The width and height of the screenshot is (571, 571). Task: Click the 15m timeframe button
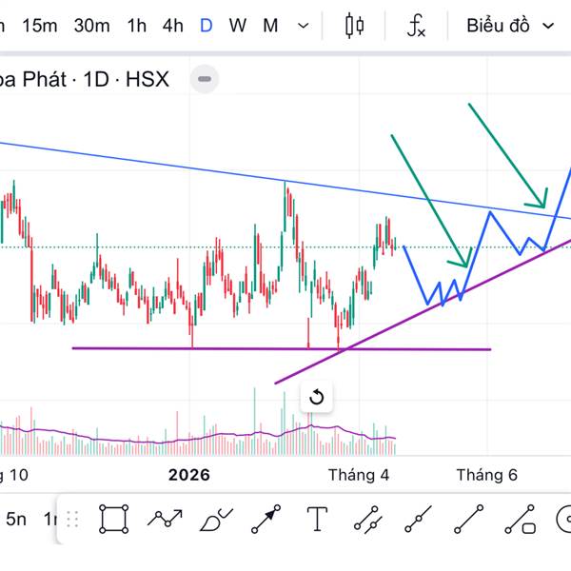pos(39,26)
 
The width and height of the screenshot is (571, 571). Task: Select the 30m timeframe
pos(91,26)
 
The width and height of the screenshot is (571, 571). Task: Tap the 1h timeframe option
pos(137,26)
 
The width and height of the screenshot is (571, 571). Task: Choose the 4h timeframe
pos(172,26)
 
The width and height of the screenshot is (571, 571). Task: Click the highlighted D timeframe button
pos(206,26)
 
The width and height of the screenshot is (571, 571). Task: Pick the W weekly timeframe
pos(237,26)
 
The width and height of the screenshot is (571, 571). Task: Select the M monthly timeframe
pos(270,26)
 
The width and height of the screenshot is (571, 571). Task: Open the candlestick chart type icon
pos(356,26)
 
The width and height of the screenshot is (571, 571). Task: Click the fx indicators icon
pos(416,27)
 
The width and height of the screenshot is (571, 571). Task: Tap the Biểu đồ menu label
pos(498,26)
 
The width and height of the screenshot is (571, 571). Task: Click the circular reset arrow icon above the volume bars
pos(317,398)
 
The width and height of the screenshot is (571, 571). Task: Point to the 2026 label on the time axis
pos(188,474)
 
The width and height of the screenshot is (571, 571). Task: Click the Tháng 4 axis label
pos(359,474)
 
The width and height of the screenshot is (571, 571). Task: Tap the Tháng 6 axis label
pos(486,474)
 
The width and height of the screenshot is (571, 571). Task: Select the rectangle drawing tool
pos(114,520)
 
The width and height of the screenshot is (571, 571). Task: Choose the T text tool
pos(317,520)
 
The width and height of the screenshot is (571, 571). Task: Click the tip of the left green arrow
pos(466,266)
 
